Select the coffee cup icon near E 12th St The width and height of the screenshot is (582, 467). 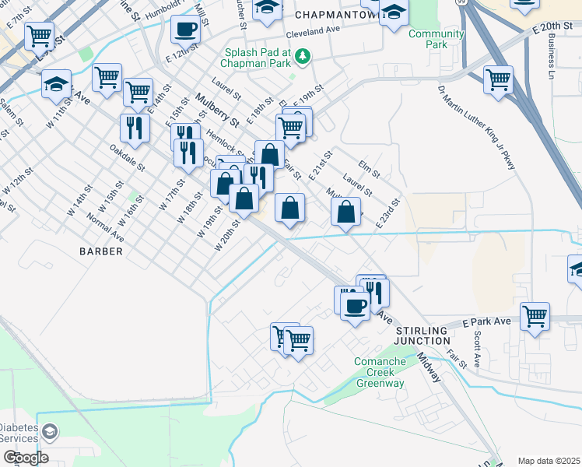[185, 30]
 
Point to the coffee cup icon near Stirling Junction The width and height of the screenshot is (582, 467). [355, 305]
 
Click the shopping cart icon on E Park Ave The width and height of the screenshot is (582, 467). [535, 316]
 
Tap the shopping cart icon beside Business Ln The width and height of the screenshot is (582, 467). [498, 79]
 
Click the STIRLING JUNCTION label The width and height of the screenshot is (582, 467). [421, 335]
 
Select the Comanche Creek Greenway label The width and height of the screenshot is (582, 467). [380, 372]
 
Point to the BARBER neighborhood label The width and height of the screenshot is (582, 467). [101, 251]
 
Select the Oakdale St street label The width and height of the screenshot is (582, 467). [128, 157]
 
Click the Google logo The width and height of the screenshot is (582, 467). [25, 457]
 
